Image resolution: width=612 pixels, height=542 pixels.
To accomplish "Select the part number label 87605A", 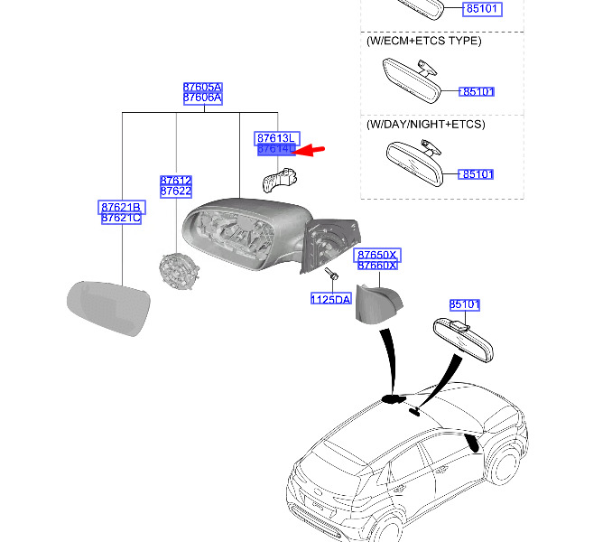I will pos(202,88).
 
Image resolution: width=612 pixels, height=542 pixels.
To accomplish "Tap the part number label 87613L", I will pos(275,136).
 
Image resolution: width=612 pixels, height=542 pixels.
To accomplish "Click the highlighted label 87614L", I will pos(275,148).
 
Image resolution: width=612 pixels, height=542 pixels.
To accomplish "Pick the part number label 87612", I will pos(175,181).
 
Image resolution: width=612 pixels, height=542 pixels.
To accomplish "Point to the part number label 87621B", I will pos(120,208).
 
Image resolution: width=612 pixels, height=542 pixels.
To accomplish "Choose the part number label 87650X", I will pos(376,256).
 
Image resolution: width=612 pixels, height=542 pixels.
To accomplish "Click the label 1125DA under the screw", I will pos(330,299).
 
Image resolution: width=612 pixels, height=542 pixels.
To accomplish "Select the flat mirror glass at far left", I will pos(109,308).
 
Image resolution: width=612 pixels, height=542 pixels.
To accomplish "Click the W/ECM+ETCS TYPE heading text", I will pos(423,42).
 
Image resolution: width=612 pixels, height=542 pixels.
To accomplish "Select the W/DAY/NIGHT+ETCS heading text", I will pos(425,124).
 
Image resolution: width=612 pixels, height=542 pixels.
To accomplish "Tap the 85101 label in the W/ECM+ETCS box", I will pos(477,91).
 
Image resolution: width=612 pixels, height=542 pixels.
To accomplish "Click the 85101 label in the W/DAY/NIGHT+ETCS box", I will pos(477,173).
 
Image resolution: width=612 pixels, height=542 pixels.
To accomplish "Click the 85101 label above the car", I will pos(465,304).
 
